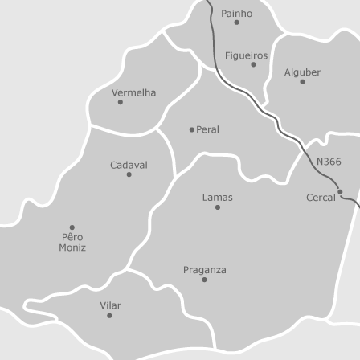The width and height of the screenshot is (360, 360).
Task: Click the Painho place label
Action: [236, 14]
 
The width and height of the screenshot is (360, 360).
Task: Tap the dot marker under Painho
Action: [236, 23]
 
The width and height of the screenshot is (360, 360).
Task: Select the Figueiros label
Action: [246, 55]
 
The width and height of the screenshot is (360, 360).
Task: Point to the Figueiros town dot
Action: [254, 65]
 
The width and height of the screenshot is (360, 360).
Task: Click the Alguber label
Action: [302, 72]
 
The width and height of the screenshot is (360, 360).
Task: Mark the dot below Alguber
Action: [302, 81]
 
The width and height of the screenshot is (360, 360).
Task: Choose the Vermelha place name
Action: [133, 92]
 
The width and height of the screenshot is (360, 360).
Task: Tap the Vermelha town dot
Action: [121, 102]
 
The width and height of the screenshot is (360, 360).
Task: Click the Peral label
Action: [207, 129]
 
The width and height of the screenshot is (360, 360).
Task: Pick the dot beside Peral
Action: [192, 129]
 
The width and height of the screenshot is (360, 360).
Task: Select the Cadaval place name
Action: [129, 165]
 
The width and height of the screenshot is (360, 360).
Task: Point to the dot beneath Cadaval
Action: [129, 174]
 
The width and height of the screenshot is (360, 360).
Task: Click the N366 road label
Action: [329, 161]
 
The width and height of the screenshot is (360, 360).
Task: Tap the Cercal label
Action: [321, 197]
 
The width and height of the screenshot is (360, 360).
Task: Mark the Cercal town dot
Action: [340, 191]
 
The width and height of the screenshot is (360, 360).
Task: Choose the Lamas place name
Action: [217, 197]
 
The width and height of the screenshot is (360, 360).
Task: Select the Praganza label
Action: [204, 270]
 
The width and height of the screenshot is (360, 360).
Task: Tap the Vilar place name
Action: [110, 305]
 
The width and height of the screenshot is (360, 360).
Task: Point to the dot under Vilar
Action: [110, 315]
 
